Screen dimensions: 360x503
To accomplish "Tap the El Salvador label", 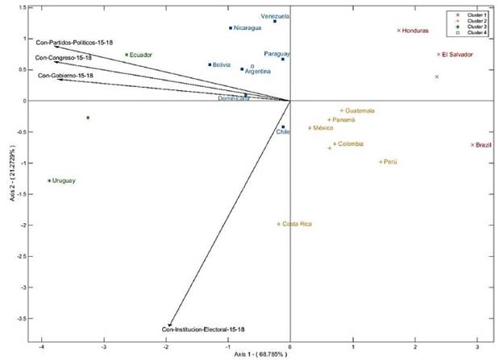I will pyautogui.click(x=457, y=55).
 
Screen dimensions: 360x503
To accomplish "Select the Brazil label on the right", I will pyautogui.click(x=484, y=145).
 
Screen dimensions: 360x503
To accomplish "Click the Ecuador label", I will pyautogui.click(x=142, y=55).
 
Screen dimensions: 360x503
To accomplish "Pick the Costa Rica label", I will pyautogui.click(x=297, y=224).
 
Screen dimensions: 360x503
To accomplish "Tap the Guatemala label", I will pyautogui.click(x=360, y=111).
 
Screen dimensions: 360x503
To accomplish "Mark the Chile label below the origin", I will pyautogui.click(x=282, y=132).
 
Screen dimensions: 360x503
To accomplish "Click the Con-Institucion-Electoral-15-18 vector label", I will pyautogui.click(x=203, y=329).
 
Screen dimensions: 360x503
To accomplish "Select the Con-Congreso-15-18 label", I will pyautogui.click(x=63, y=58).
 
